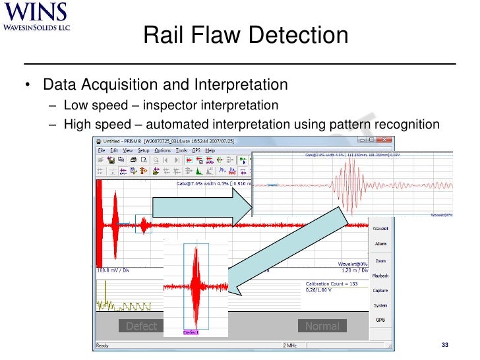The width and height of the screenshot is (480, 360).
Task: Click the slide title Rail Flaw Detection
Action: (x=245, y=35)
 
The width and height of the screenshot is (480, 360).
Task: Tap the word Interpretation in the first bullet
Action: (x=241, y=85)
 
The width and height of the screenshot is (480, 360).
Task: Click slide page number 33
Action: (x=444, y=346)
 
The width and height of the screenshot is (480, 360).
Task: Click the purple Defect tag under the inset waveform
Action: (x=191, y=332)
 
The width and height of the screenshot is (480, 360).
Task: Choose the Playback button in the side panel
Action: (x=380, y=276)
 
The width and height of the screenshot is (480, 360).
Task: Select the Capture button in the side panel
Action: (x=380, y=291)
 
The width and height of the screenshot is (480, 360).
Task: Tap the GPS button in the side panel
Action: (x=380, y=320)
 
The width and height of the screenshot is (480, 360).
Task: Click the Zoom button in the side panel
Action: (x=380, y=261)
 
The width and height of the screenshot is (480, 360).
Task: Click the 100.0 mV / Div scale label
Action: (x=113, y=270)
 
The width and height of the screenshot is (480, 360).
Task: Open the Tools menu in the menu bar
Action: (x=181, y=150)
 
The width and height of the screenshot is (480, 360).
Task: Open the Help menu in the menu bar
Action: (x=210, y=150)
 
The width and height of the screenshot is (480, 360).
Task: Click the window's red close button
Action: (x=386, y=140)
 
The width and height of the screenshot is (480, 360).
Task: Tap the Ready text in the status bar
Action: (x=103, y=345)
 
